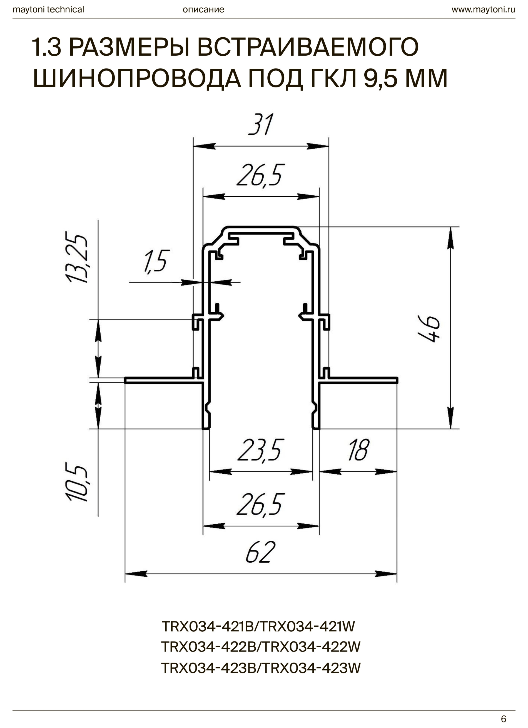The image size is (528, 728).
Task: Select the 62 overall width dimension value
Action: pos(260,552)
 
